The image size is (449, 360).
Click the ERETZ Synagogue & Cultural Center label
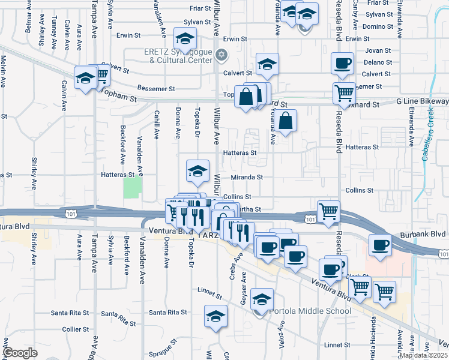coord(178,56)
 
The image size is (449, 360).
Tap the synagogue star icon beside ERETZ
coord(221,55)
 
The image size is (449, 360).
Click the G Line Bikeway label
coord(422,103)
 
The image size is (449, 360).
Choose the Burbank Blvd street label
coord(429,234)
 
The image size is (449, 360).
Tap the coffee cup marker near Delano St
coord(343,64)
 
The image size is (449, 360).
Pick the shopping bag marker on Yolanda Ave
coord(288,121)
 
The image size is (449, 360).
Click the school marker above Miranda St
coord(197,172)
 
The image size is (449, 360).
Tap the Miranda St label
coord(247,178)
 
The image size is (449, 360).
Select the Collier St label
coord(76,329)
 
